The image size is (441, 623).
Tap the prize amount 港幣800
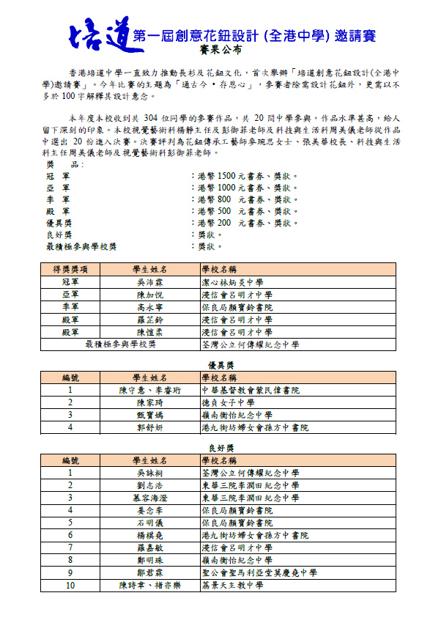(x=213, y=200)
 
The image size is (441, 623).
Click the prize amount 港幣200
(x=213, y=223)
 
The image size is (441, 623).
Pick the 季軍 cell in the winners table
(x=70, y=307)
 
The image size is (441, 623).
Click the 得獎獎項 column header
(x=70, y=270)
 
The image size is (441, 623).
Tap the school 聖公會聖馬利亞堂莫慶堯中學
(x=259, y=573)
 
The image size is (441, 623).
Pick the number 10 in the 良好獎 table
(x=70, y=586)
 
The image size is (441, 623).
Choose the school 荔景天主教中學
(x=233, y=586)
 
